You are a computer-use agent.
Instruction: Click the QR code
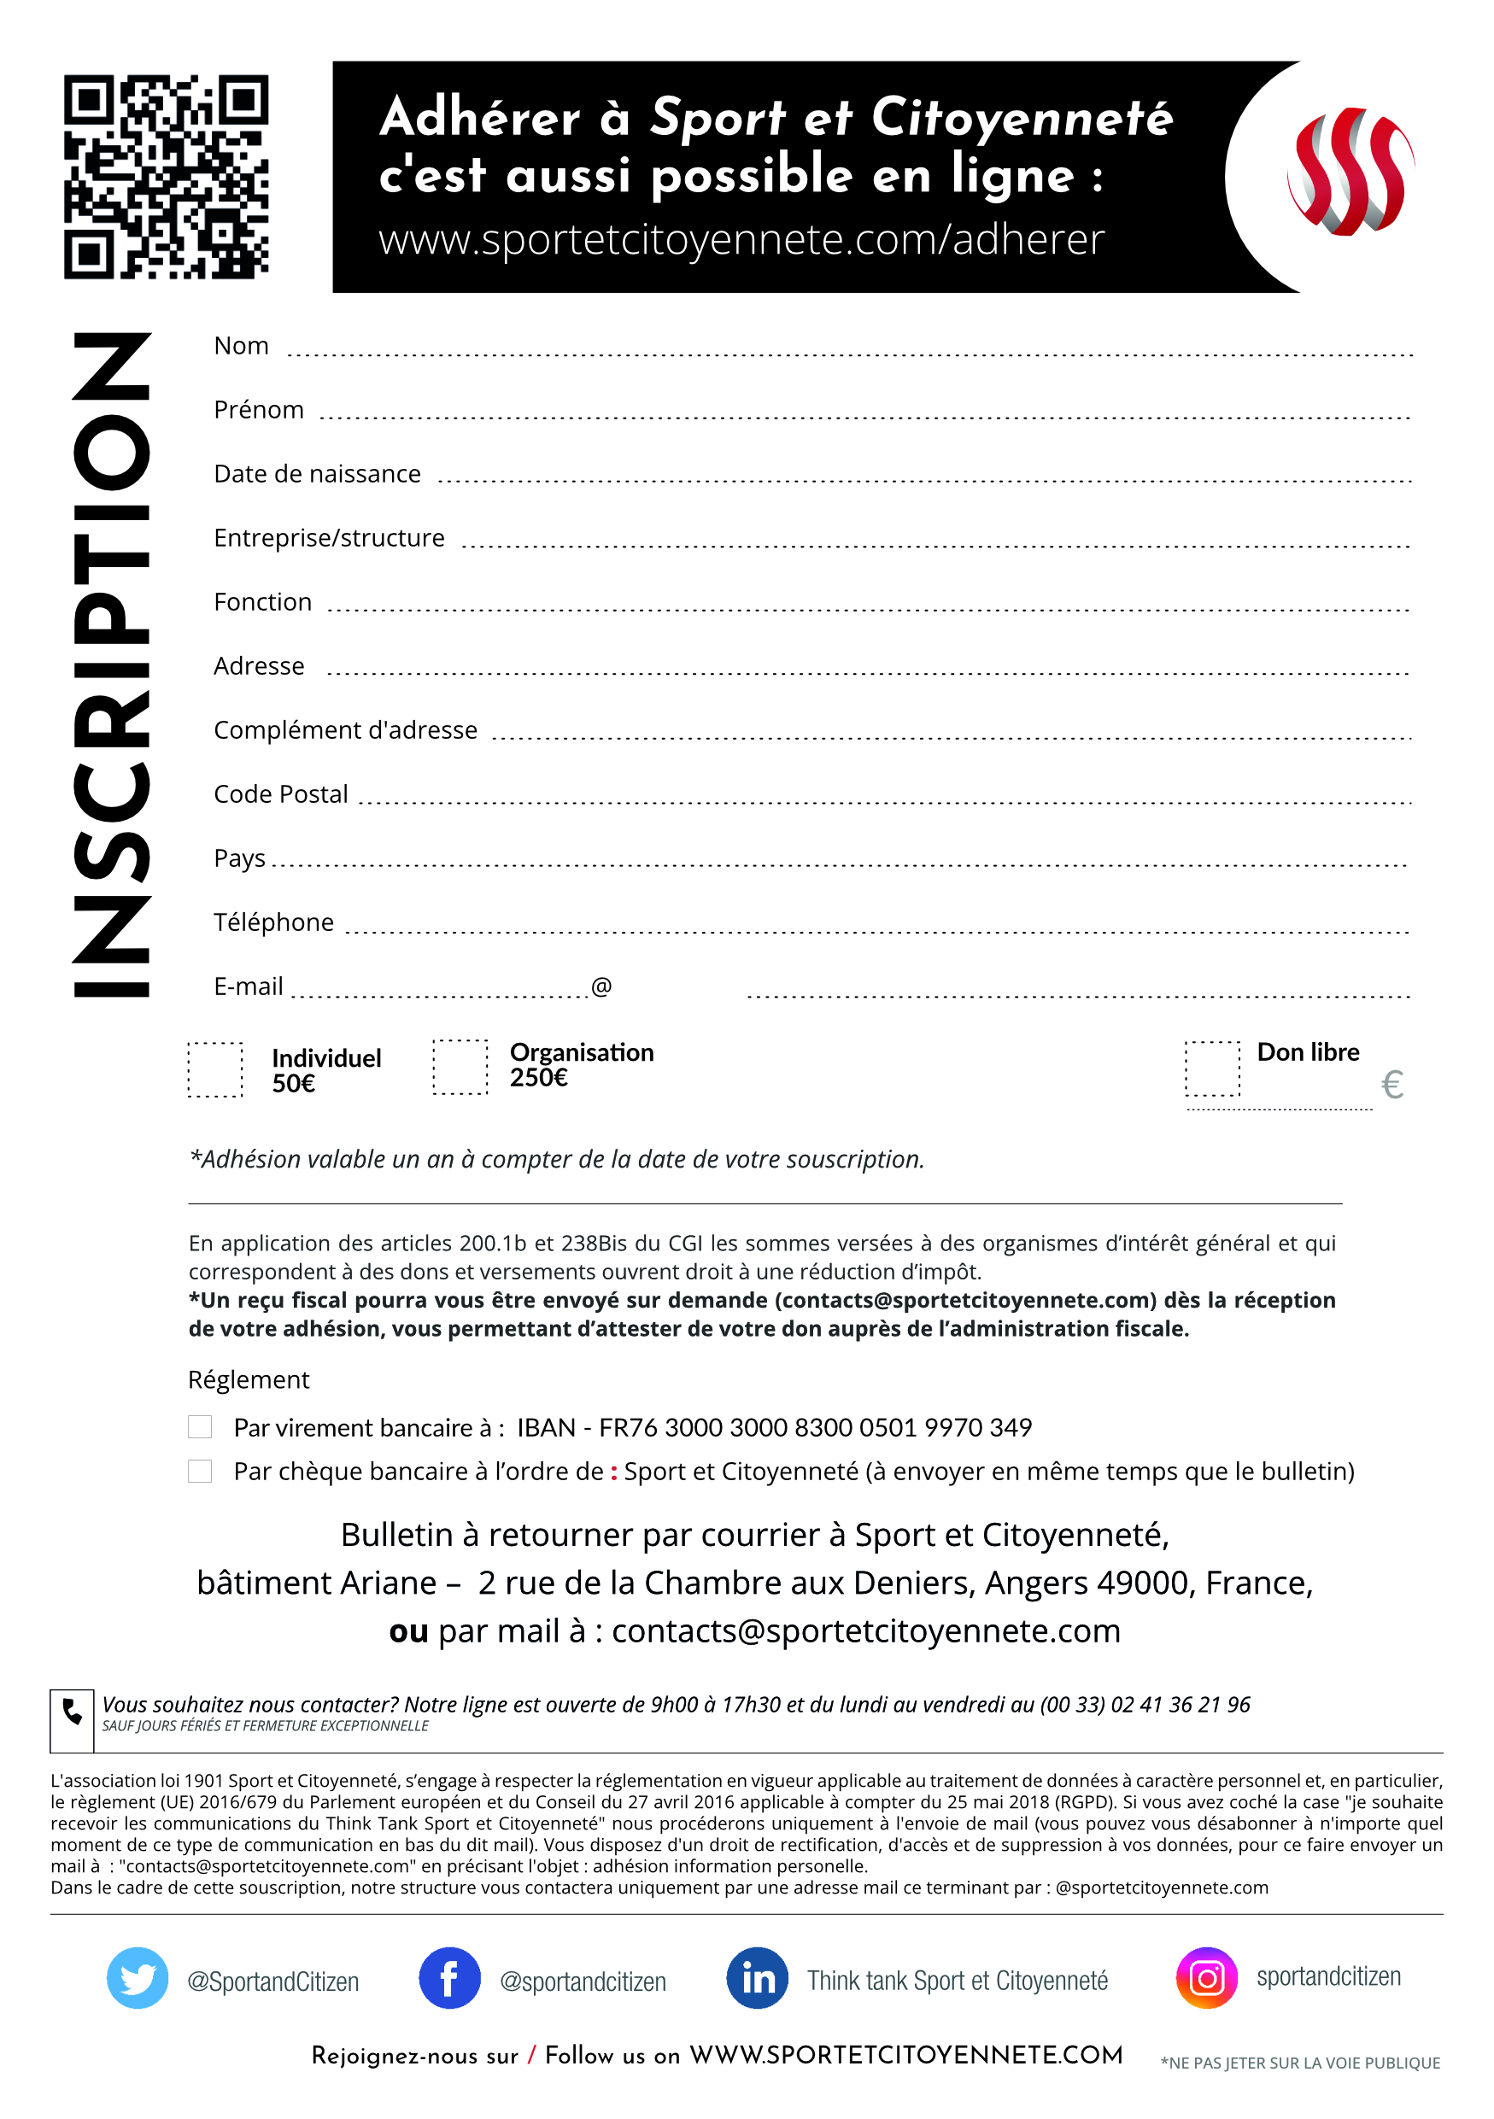point(166,176)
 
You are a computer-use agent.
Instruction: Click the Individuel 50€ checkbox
point(215,1069)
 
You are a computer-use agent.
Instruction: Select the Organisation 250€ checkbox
point(460,1067)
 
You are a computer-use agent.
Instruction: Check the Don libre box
point(1211,1068)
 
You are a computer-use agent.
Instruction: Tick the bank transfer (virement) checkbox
point(200,1427)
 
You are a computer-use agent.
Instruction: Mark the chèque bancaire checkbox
point(200,1470)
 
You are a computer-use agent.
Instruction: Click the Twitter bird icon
point(138,1978)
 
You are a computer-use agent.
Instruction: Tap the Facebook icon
point(449,1978)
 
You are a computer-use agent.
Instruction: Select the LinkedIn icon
point(758,1978)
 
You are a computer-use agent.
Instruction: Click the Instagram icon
point(1206,1978)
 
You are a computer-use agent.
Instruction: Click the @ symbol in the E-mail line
point(601,986)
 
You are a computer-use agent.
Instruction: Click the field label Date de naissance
point(318,473)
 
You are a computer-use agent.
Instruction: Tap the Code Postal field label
point(280,793)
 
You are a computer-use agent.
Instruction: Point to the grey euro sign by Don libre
point(1391,1085)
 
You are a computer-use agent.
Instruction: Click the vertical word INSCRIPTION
point(111,664)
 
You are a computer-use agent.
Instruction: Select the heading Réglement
point(249,1379)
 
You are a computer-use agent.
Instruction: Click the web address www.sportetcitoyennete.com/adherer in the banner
point(741,240)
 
